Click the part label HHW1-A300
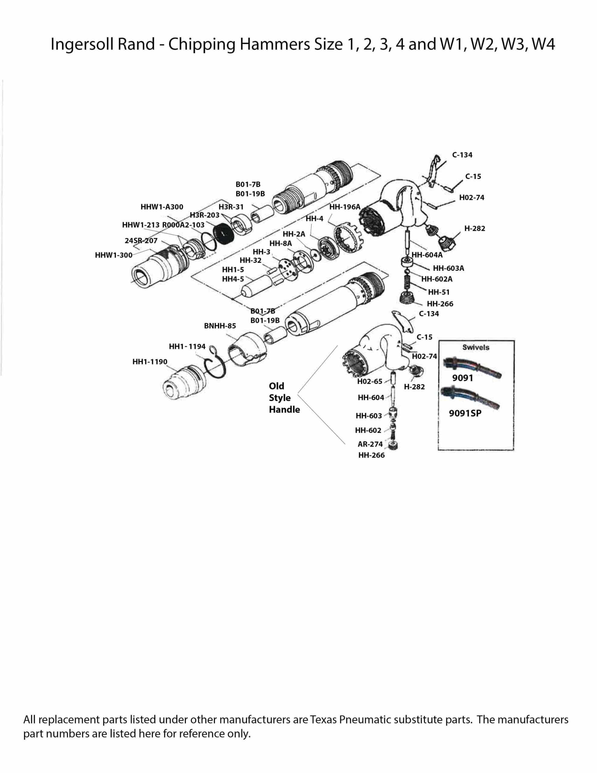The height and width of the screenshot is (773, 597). (x=162, y=207)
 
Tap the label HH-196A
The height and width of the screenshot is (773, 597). (x=345, y=207)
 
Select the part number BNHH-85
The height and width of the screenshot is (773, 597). (x=220, y=326)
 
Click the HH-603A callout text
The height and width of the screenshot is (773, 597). (x=449, y=268)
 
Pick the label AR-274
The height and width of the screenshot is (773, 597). (x=370, y=444)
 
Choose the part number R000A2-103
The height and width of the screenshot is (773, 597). (x=183, y=225)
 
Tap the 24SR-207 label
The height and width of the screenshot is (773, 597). (x=141, y=241)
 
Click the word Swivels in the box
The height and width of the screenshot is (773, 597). (x=476, y=347)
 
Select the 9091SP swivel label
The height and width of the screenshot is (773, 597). (x=465, y=413)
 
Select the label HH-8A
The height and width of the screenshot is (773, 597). (x=280, y=243)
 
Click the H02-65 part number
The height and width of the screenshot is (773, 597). (x=369, y=381)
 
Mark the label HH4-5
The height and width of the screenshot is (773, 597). (x=233, y=279)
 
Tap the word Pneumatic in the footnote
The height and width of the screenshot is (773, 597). (x=365, y=720)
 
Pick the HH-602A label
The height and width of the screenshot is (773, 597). (x=437, y=279)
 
